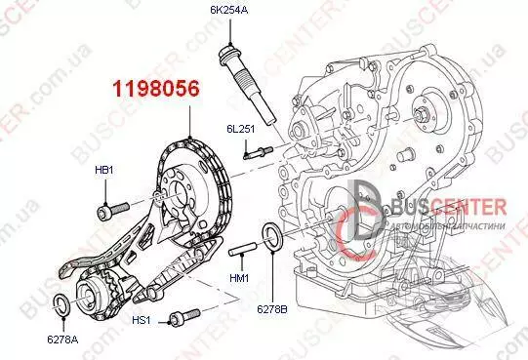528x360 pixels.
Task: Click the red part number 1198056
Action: point(156,89)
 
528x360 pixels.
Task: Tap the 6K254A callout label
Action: point(229,10)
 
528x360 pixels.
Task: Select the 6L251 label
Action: point(240,129)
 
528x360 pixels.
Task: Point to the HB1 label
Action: point(104,170)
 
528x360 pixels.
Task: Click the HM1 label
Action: point(239,278)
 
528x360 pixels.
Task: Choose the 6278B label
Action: point(272,309)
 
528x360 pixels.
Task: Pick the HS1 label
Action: point(142,320)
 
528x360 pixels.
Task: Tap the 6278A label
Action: point(62,340)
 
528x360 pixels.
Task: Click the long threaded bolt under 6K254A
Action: point(247,86)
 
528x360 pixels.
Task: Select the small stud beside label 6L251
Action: point(259,152)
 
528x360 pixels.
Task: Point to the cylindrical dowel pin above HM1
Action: point(243,249)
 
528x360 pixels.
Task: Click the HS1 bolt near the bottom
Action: point(184,317)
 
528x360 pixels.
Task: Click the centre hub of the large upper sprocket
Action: point(178,195)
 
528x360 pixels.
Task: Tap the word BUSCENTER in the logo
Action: point(449,207)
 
